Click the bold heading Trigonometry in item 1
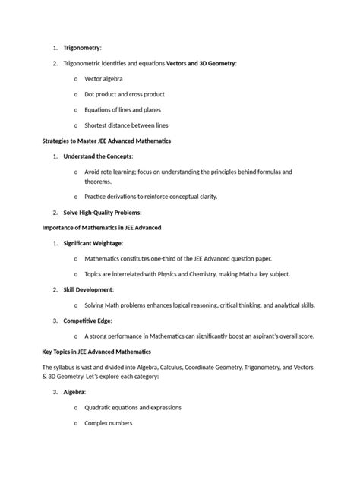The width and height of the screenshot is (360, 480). [x=87, y=47]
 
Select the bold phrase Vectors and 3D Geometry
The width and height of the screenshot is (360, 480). [x=201, y=63]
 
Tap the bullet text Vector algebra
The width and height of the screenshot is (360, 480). [x=103, y=79]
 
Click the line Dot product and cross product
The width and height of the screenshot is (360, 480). [x=124, y=95]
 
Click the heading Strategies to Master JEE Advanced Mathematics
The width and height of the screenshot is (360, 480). [x=106, y=141]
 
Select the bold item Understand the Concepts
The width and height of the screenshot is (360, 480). [x=98, y=157]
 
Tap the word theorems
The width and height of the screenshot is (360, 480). [x=98, y=182]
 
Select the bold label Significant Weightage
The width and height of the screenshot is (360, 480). [x=92, y=243]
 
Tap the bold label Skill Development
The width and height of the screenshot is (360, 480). [x=88, y=290]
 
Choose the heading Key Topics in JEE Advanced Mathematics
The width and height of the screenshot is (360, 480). [x=96, y=352]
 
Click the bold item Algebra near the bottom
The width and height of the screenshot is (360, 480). [x=74, y=392]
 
